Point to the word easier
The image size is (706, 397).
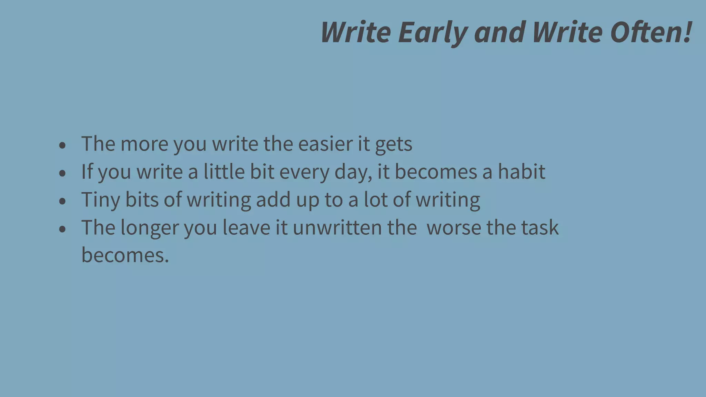[325, 144]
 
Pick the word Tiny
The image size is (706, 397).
[100, 200]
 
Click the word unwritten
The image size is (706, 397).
[337, 227]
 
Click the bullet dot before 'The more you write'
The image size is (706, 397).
[62, 145]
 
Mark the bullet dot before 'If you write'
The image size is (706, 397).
[62, 173]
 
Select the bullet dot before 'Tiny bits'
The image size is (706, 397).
[62, 201]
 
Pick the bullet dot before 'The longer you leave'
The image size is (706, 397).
[62, 229]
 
